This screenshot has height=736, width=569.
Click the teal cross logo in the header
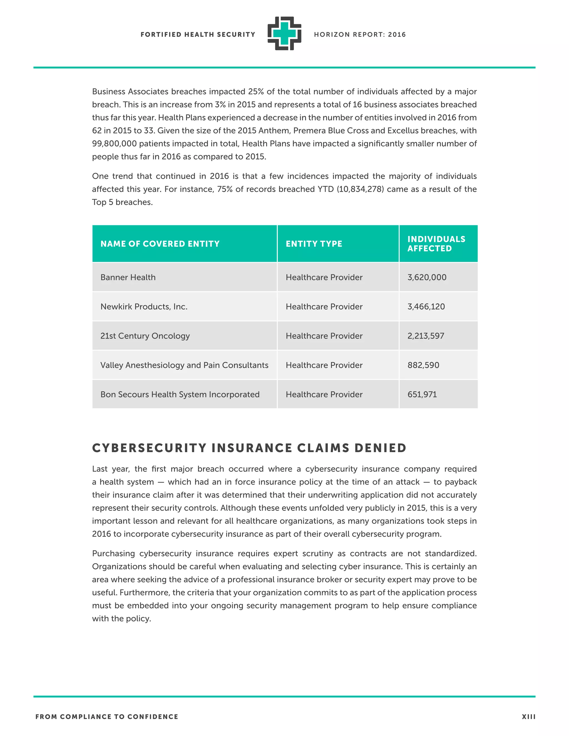click(284, 33)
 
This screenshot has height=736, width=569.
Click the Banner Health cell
click(128, 277)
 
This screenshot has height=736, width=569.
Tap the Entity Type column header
click(314, 244)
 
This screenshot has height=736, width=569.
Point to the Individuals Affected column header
click(436, 244)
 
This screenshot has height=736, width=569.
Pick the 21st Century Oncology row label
click(145, 336)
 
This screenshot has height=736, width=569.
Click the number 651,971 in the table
click(422, 394)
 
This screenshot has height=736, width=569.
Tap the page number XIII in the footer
click(528, 717)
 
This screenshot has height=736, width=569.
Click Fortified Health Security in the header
click(198, 34)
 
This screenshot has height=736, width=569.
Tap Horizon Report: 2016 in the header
click(360, 34)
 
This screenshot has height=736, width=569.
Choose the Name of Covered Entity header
click(160, 244)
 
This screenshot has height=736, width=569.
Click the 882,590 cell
click(423, 365)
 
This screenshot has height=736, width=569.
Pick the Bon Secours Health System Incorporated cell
click(180, 394)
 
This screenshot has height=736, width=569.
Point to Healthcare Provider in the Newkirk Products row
click(324, 307)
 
